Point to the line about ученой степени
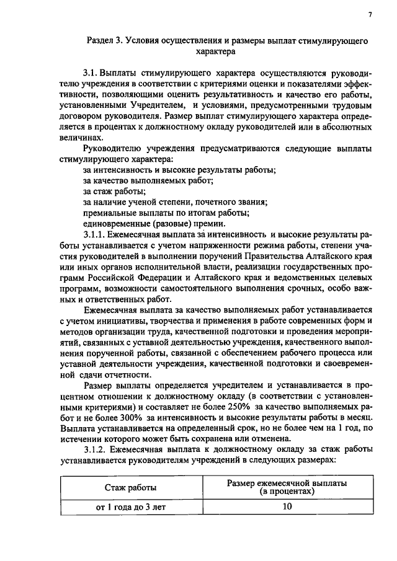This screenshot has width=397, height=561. coord(175,202)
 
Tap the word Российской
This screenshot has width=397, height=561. coord(111,280)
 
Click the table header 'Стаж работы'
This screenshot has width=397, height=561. coord(130,488)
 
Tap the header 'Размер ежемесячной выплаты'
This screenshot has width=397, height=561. coord(286,483)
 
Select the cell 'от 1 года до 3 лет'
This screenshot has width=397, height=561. coord(130,508)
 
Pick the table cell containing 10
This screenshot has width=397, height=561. coord(286,507)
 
